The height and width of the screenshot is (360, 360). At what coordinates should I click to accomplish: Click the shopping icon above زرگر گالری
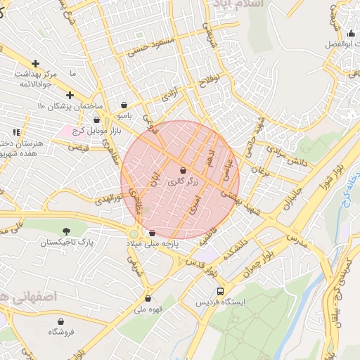click(183, 171)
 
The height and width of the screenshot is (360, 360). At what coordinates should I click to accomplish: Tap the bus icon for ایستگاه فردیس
click(221, 290)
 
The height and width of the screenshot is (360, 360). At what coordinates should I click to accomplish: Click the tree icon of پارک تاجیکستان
click(67, 231)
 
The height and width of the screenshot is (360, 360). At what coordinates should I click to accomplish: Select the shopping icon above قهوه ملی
click(148, 297)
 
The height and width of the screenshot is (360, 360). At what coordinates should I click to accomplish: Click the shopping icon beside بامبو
click(124, 105)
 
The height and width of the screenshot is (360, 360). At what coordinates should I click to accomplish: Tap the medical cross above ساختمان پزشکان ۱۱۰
click(69, 95)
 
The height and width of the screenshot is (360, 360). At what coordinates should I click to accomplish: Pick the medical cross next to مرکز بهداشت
click(35, 64)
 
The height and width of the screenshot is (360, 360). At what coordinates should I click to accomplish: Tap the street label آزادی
click(171, 94)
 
